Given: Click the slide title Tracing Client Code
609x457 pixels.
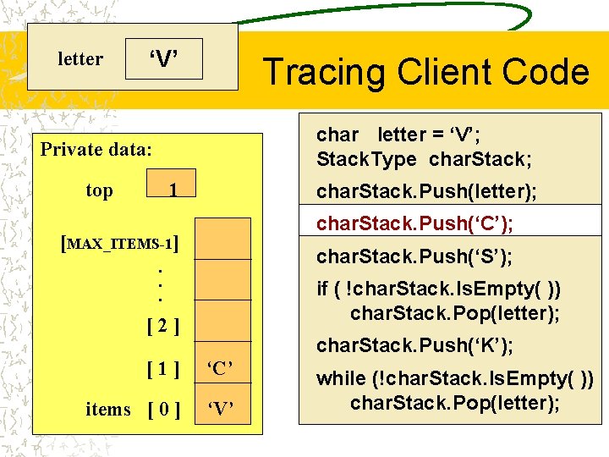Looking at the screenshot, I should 425,72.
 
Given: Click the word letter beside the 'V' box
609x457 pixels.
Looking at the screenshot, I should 80,59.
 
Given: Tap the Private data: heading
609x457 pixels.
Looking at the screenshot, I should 96,150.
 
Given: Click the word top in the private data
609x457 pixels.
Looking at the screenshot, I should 99,190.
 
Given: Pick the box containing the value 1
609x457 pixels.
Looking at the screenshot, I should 172,190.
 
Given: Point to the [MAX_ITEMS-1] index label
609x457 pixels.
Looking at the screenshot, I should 123,245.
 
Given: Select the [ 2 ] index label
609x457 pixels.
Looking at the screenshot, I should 161,324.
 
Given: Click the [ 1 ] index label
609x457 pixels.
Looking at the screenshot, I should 161,368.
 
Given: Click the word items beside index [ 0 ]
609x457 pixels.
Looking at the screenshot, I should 108,410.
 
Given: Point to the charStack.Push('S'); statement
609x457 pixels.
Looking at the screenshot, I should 414,256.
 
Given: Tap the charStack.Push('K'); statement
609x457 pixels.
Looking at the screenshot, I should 414,345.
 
